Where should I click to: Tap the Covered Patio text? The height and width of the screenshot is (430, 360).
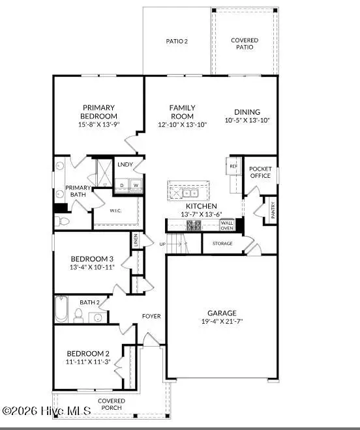click(245, 44)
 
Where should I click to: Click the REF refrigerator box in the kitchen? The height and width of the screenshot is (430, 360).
click(232, 165)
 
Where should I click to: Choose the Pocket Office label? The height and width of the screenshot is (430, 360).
click(260, 173)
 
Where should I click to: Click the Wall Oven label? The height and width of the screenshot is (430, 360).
click(227, 225)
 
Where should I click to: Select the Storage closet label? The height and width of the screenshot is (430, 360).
click(222, 244)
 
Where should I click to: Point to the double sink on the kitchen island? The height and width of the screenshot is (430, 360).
click(190, 193)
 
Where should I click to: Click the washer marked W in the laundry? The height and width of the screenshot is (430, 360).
click(136, 185)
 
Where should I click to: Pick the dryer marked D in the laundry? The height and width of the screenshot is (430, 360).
click(122, 185)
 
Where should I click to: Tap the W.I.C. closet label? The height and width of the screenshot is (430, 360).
click(115, 210)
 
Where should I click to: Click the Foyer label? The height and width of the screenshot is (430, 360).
click(151, 316)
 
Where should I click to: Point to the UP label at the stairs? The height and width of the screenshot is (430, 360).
click(163, 244)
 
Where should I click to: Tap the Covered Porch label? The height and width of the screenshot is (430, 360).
click(112, 404)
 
